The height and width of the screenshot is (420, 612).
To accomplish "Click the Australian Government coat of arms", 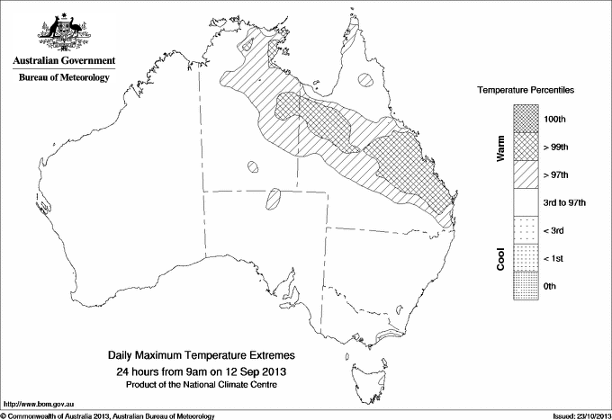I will [x=63, y=29].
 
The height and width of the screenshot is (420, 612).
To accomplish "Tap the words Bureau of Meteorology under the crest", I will [x=63, y=78].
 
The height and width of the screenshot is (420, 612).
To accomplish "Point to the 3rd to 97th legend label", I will [x=565, y=202].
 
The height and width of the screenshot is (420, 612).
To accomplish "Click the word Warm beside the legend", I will [x=500, y=147].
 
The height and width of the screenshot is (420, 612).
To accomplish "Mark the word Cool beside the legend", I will [x=500, y=258].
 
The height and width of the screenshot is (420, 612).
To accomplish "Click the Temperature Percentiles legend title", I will [x=526, y=92].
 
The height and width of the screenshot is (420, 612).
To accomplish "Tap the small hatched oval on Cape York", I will [x=365, y=79].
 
